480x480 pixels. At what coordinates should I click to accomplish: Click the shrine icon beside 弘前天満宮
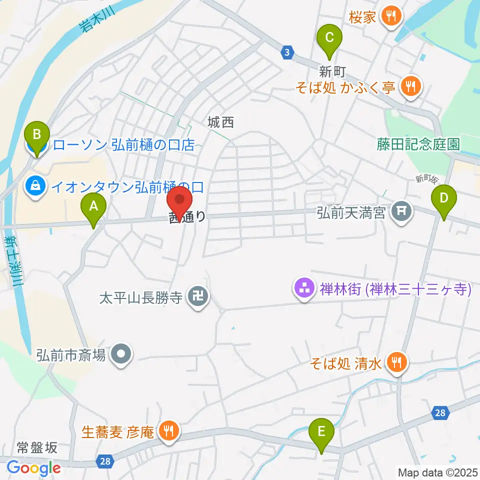(x=401, y=211)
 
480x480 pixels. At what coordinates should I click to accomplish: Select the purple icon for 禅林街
(x=303, y=289)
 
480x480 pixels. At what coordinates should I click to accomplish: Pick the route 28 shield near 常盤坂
(x=104, y=461)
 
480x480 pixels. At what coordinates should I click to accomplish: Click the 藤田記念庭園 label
(x=418, y=145)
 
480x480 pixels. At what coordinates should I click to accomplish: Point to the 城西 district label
(x=221, y=121)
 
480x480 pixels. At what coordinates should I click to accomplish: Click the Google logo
(x=33, y=468)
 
